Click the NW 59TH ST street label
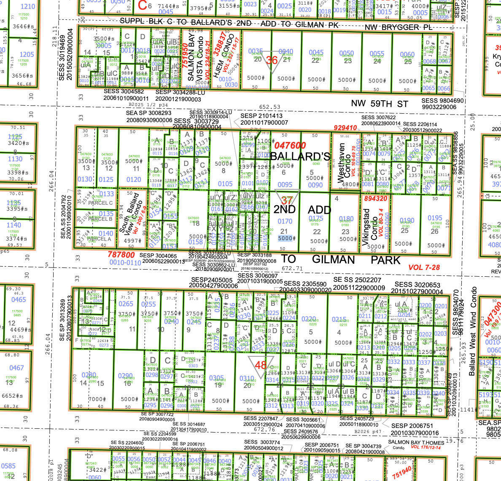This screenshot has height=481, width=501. (x=380, y=104)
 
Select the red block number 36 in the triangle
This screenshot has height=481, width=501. (x=272, y=60)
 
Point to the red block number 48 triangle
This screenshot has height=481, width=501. (x=261, y=364)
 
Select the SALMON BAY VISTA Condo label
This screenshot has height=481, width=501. (x=196, y=59)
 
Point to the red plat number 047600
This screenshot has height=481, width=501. (x=290, y=145)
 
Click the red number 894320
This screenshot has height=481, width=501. (x=375, y=198)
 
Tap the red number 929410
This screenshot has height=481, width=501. (x=345, y=128)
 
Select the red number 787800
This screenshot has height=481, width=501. (x=121, y=255)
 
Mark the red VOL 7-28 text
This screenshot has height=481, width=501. (x=424, y=267)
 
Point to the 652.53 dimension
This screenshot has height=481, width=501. (x=269, y=107)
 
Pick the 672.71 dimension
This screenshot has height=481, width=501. (x=292, y=268)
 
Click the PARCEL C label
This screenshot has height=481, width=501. (x=100, y=203)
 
